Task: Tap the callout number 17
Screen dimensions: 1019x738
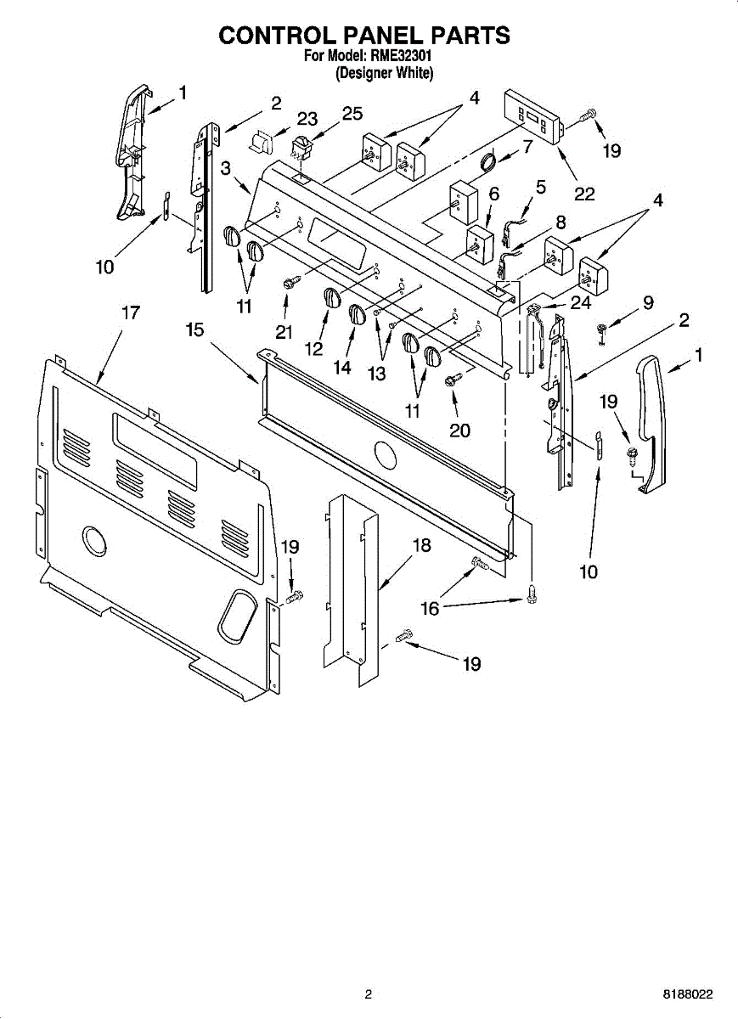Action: tap(130, 312)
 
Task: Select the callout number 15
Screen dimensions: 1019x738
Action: tap(195, 329)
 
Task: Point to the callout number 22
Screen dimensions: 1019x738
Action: tap(584, 194)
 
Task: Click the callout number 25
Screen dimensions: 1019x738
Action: tap(352, 114)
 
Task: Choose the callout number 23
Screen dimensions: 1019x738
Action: tap(307, 119)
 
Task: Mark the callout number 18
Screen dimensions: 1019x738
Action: tap(422, 545)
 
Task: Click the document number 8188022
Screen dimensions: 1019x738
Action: tap(689, 994)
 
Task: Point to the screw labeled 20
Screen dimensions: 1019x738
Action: tap(453, 380)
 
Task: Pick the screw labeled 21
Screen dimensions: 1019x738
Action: tap(289, 281)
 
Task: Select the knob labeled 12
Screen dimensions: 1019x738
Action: tap(331, 297)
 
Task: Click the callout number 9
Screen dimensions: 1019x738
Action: tap(648, 301)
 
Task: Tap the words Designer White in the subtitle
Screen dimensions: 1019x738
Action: tap(385, 73)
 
